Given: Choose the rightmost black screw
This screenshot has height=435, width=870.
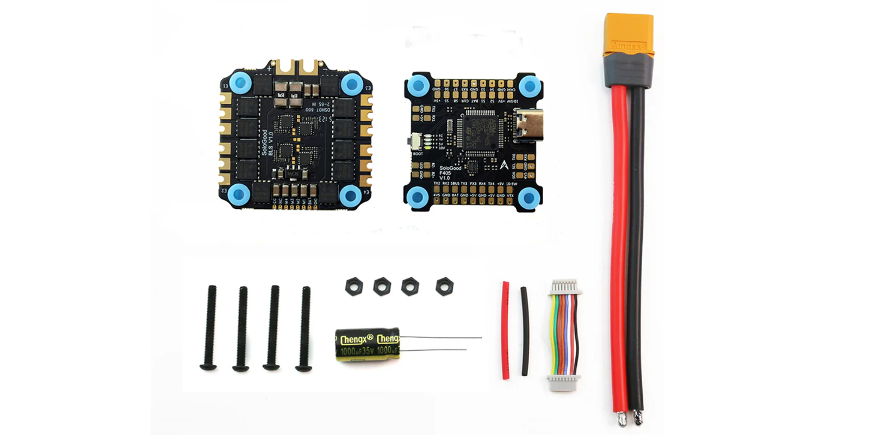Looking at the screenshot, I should [304, 329].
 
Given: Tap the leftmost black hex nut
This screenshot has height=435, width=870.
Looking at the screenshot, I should [353, 286].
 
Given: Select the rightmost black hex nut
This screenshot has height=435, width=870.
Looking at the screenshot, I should [444, 287].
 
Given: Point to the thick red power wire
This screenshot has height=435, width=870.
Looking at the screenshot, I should [619, 245].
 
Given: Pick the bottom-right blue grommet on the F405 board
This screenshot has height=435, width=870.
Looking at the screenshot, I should [526, 197].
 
